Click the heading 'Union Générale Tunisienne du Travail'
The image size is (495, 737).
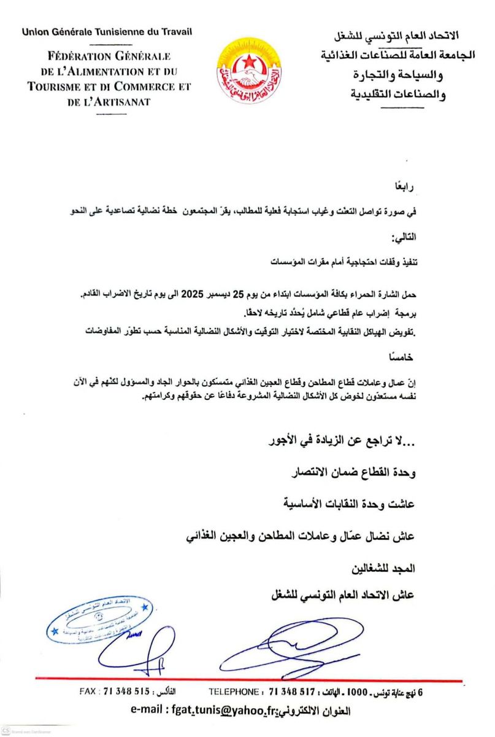107,31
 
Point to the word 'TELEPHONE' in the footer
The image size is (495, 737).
233,692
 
